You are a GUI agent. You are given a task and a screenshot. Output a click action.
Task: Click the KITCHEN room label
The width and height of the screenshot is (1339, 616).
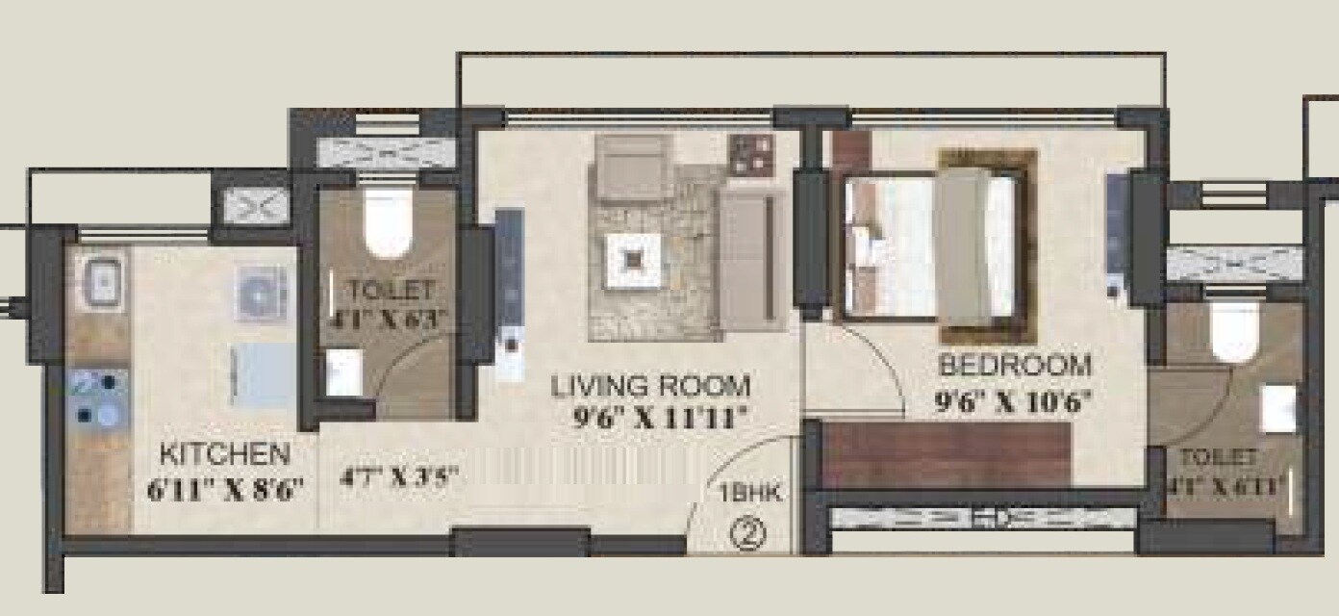coord(224,453)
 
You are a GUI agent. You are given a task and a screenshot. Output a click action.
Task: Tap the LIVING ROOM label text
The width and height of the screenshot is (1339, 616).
coord(650,387)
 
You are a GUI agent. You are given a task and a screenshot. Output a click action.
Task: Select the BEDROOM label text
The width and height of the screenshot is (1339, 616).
coord(1015,367)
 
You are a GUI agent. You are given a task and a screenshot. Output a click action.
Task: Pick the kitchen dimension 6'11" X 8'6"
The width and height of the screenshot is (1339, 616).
coord(226,488)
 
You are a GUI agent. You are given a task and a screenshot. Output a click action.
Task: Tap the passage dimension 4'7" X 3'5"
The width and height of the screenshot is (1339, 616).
coord(398,477)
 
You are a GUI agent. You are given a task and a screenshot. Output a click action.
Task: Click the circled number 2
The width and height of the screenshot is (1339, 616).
coord(747,532)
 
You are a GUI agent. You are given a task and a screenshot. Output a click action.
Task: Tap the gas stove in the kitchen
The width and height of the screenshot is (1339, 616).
coord(99,398)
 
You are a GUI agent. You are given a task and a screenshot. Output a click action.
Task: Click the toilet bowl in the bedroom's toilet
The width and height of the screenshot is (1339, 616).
coord(1234,330)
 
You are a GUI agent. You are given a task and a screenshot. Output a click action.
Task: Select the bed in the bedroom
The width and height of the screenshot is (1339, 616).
coord(928,245)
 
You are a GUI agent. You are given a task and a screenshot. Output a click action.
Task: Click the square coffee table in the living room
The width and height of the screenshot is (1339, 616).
coord(632,259)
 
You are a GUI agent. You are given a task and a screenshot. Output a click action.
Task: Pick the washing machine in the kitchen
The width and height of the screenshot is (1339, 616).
coord(263,292)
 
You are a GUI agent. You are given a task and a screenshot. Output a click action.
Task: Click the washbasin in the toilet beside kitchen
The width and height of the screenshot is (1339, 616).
coord(342,372)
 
